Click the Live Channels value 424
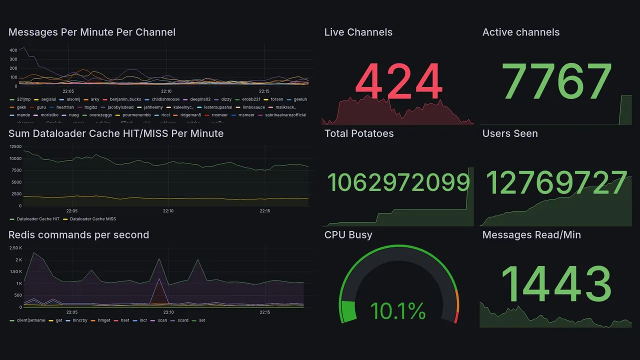[x=398, y=81]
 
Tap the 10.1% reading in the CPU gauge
[x=398, y=311]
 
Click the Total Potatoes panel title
[x=358, y=133]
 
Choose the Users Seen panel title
[x=509, y=133]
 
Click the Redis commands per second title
[x=78, y=235]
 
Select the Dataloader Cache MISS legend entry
[x=92, y=219]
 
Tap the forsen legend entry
[x=276, y=99]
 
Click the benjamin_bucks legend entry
[x=125, y=99]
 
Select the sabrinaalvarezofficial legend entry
[x=285, y=115]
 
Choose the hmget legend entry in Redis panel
[x=104, y=320]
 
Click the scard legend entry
[x=183, y=320]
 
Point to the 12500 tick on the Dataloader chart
[x=15, y=146]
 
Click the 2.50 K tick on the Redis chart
[x=15, y=248]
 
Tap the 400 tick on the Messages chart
[x=13, y=49]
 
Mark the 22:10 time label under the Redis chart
[x=168, y=312]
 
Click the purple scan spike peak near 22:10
[x=159, y=279]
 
